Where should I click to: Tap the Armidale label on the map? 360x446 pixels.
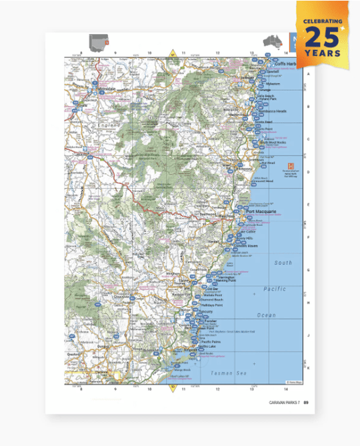(x=88, y=88)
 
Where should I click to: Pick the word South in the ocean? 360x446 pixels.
(x=283, y=263)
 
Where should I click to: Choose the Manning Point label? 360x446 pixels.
(x=224, y=281)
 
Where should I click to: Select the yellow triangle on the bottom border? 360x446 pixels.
(x=172, y=387)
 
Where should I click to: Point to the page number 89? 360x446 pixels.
(x=306, y=403)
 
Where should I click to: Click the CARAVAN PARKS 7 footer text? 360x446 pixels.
(x=283, y=403)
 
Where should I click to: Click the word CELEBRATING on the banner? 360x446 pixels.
(x=323, y=21)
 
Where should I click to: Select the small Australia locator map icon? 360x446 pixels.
(x=271, y=40)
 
